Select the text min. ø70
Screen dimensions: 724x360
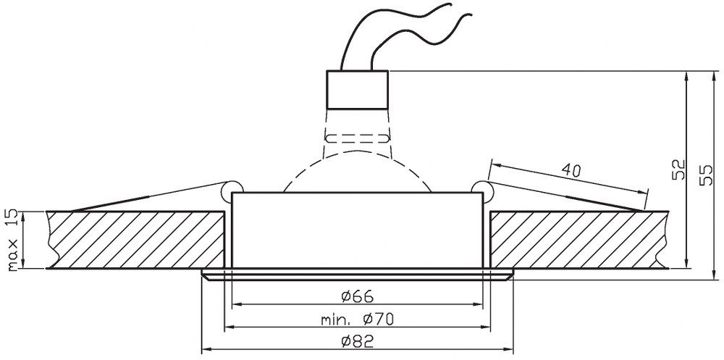click(358, 319)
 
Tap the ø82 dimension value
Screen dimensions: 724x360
click(357, 341)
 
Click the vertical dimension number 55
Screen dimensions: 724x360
click(706, 175)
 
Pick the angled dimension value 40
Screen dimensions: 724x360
click(571, 172)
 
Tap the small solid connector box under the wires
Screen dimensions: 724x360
click(357, 90)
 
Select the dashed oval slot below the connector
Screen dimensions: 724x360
click(357, 138)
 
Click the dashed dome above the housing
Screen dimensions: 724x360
click(357, 152)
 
